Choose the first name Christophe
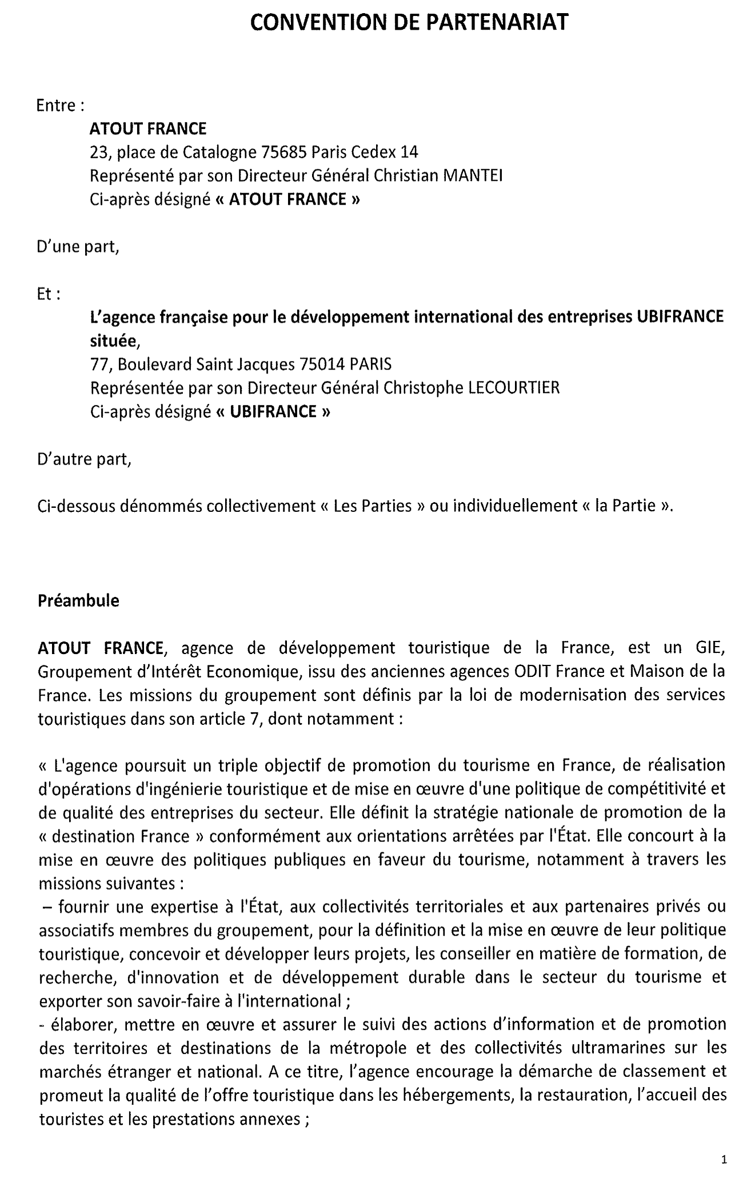pos(423,388)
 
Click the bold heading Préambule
pos(78,601)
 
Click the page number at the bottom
pos(724,1160)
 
